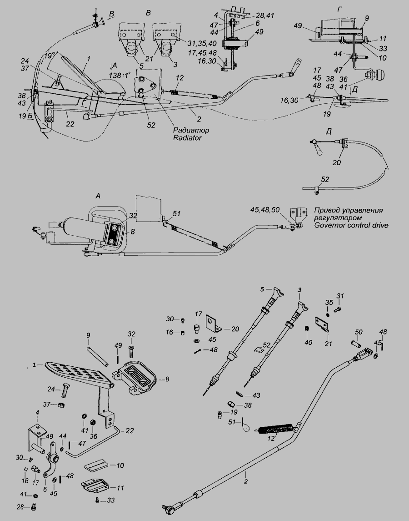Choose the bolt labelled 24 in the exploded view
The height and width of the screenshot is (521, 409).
coord(65,390)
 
